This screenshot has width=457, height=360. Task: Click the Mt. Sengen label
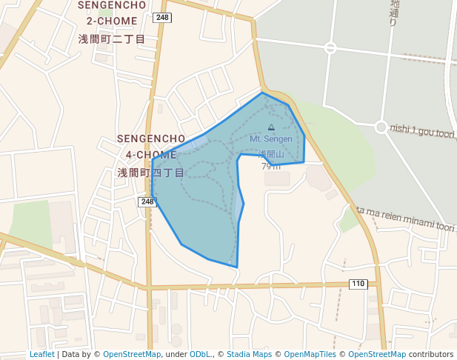(271, 139)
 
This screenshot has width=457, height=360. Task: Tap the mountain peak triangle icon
(270, 127)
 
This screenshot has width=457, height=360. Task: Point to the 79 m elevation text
(270, 167)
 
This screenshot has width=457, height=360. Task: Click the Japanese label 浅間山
(270, 155)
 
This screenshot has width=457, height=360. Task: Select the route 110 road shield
(358, 284)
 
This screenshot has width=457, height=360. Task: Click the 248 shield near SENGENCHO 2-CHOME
(163, 17)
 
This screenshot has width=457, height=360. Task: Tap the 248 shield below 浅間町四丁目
(147, 201)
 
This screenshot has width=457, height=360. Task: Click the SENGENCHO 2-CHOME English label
(111, 13)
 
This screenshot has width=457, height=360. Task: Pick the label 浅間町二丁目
(112, 38)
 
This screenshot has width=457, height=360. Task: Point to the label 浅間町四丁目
(151, 173)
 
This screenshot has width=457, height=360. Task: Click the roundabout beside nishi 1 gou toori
(381, 127)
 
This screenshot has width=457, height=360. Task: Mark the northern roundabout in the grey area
(330, 48)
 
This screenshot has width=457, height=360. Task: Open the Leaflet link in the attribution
(41, 355)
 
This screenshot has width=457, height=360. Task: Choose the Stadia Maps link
(249, 355)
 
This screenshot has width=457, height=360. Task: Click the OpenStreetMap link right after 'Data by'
(132, 355)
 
